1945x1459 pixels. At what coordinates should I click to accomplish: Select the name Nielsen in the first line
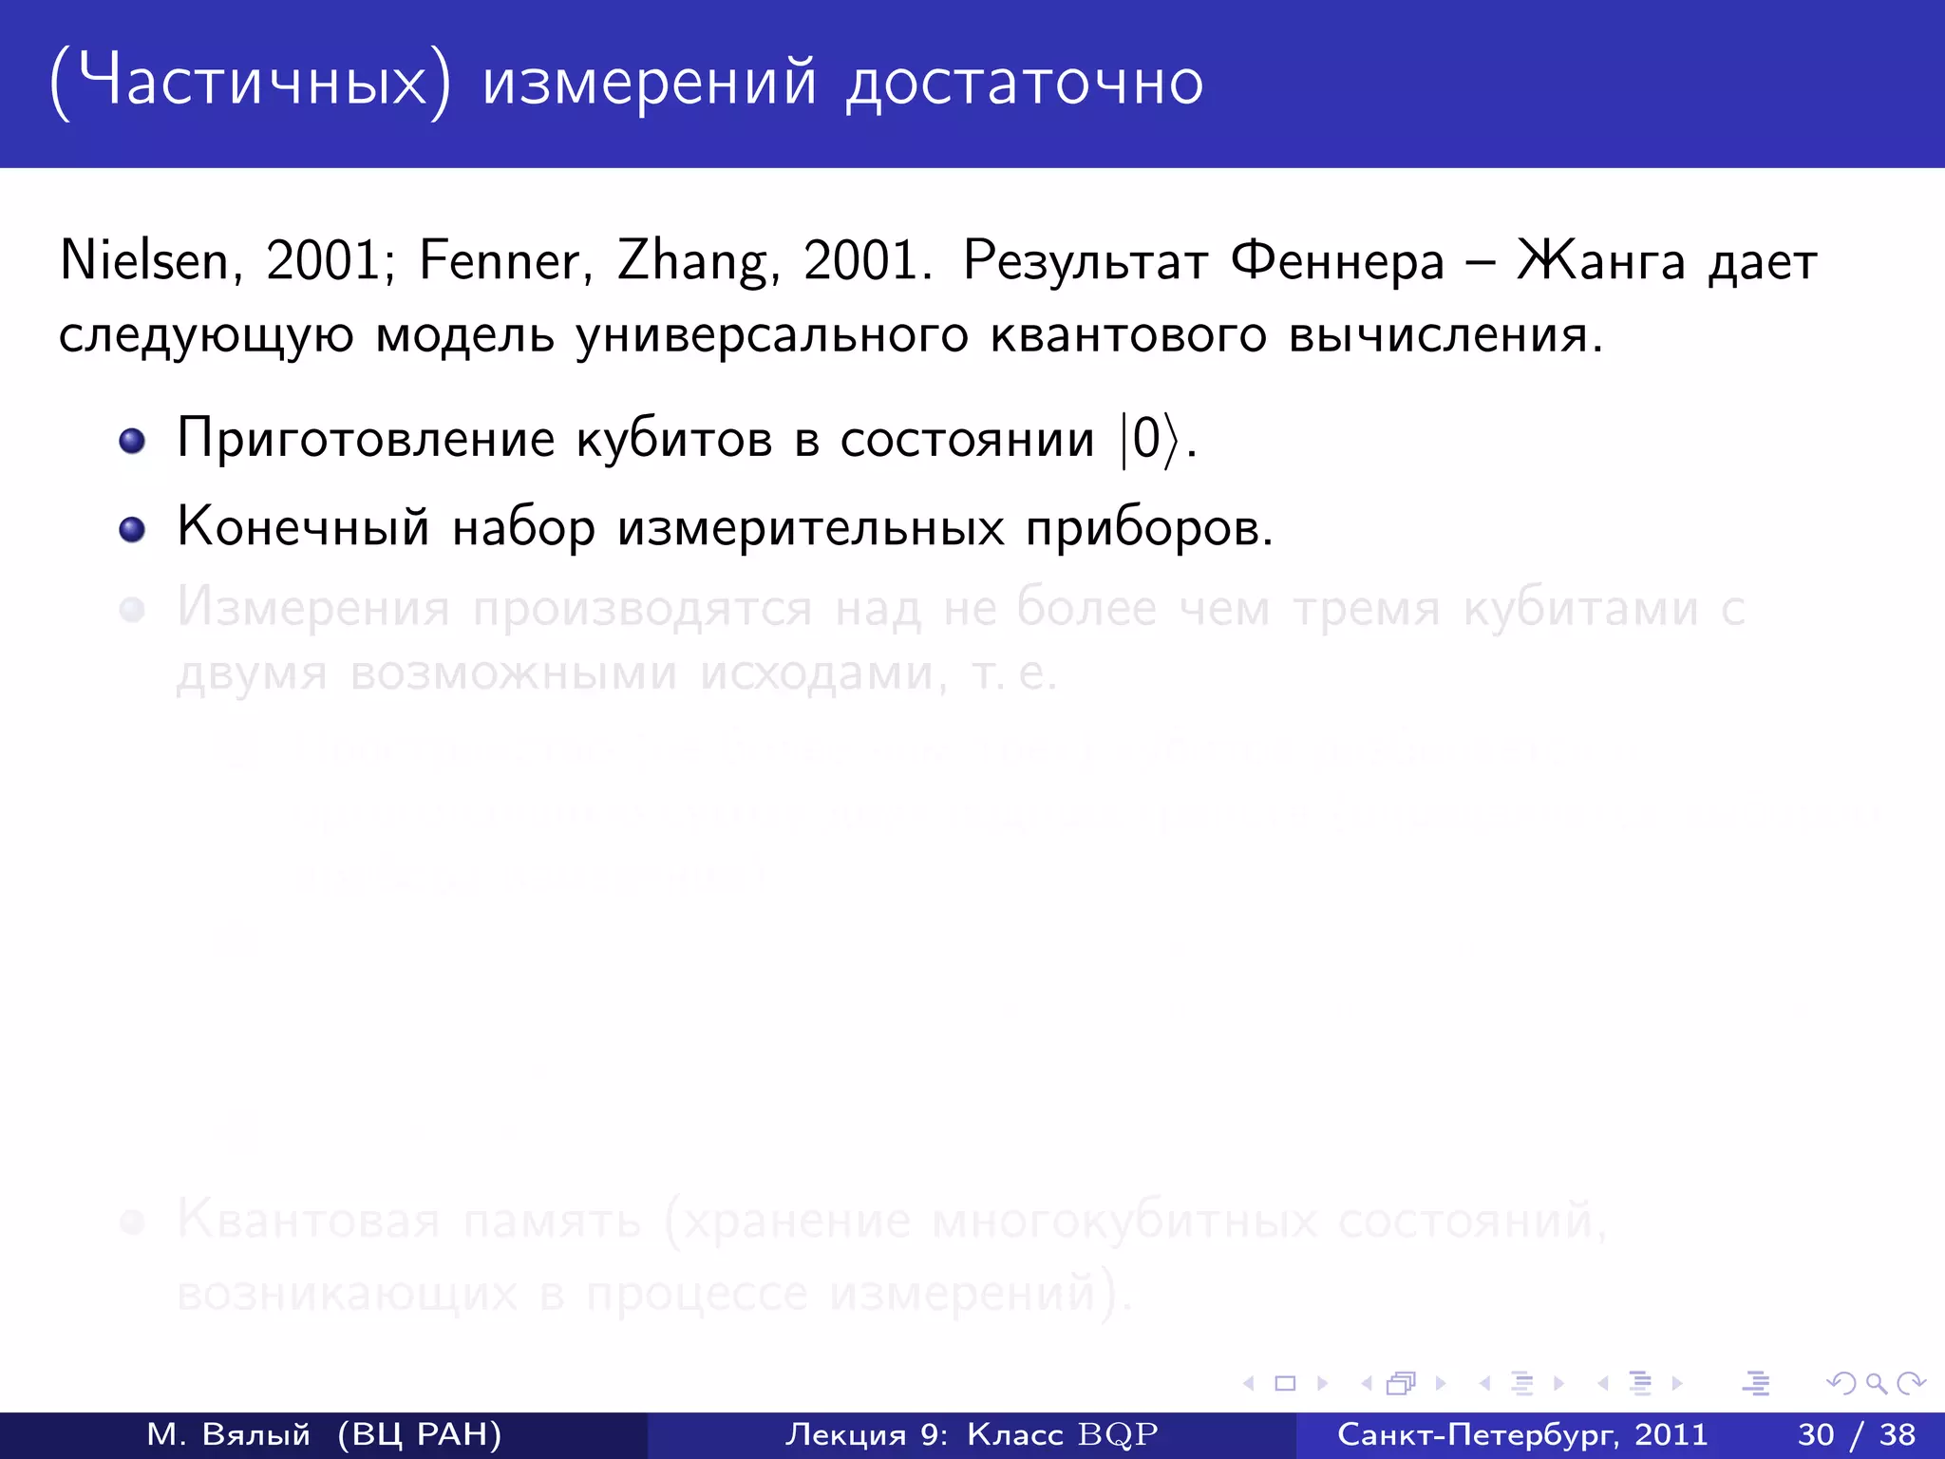pos(143,260)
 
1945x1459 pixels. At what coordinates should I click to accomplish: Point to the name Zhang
pos(691,262)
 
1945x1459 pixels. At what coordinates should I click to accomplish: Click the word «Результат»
pos(1085,260)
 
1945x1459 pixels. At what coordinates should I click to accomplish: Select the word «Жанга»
pos(1601,260)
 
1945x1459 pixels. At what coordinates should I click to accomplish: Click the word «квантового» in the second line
pos(1128,334)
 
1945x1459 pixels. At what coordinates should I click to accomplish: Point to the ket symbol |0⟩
pos(1149,439)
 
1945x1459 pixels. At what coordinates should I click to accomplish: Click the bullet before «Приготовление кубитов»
pos(132,441)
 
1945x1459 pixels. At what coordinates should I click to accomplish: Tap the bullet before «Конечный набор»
pos(132,529)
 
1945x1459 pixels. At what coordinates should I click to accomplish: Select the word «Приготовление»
pos(366,439)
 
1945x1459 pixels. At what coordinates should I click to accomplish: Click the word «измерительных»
pos(810,527)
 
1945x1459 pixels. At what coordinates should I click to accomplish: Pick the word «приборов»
pos(1147,529)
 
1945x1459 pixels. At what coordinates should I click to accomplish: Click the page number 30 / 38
pos(1856,1434)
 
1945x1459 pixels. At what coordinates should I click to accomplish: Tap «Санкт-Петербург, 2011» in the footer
pos(1521,1434)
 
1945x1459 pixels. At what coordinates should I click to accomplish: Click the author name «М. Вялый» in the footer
pos(228,1434)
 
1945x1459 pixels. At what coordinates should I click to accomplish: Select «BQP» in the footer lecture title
pos(1118,1434)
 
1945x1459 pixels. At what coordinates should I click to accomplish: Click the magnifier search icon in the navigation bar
pos(1876,1383)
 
